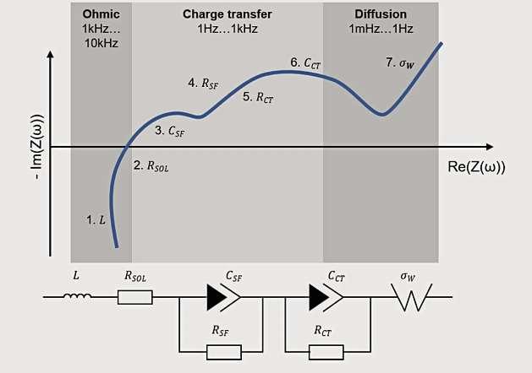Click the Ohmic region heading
tap(101, 14)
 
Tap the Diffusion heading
tap(381, 14)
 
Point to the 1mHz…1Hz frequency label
tap(381, 28)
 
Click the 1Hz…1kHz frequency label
tap(221, 28)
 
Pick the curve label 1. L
tap(97, 219)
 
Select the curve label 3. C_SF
tap(170, 131)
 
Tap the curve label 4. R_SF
tap(203, 83)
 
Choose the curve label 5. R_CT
tap(258, 97)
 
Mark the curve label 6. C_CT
tap(306, 62)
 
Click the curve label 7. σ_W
tap(400, 62)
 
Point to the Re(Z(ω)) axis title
tap(476, 166)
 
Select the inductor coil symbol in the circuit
tap(79, 296)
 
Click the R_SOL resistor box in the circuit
tap(134, 296)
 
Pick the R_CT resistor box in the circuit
tap(326, 349)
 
